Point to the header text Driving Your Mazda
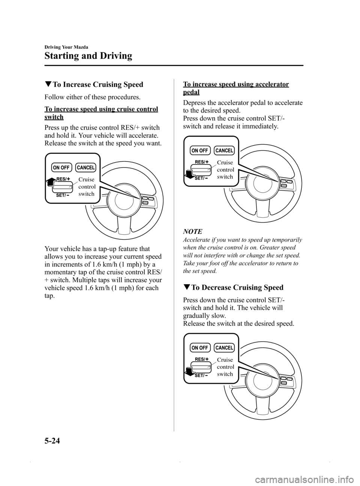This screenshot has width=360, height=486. (66, 47)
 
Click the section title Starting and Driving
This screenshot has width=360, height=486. (88, 56)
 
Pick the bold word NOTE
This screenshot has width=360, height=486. (192, 232)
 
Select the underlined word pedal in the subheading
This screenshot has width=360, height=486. (191, 92)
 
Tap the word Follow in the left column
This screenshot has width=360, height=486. (54, 97)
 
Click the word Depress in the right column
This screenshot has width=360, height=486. (195, 103)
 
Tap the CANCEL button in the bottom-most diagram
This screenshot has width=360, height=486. (225, 348)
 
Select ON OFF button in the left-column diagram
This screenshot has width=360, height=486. (61, 167)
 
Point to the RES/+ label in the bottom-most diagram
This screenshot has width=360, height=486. (202, 359)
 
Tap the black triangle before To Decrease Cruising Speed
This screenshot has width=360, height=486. (186, 288)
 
